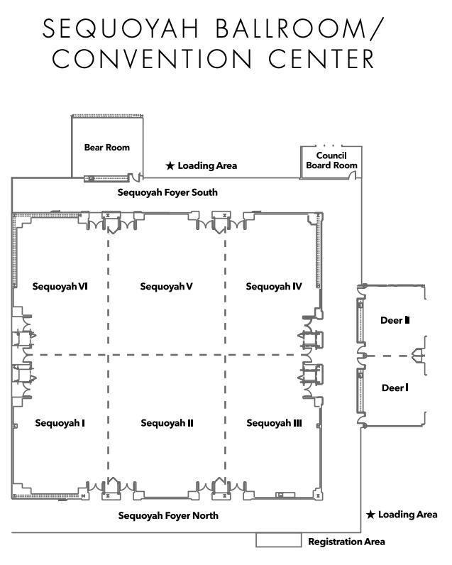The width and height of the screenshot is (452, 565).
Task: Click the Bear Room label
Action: [x=107, y=148]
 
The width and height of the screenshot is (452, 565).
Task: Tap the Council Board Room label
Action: [x=331, y=160]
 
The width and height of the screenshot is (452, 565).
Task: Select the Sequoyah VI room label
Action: [x=60, y=287]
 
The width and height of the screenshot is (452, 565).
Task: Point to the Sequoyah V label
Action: [x=167, y=287]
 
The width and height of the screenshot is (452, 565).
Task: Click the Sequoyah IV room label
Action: [x=274, y=287]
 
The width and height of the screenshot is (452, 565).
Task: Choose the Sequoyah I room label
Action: [x=60, y=423]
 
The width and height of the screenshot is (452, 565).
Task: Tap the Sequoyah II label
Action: [x=167, y=423]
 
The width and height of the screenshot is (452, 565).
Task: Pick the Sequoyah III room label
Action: [x=274, y=423]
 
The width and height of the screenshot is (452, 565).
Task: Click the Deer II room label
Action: [x=395, y=320]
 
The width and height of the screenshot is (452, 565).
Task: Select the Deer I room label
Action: [x=395, y=388]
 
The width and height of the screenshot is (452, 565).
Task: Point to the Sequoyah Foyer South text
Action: [x=167, y=192]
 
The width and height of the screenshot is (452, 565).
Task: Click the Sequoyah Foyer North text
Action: [x=168, y=515]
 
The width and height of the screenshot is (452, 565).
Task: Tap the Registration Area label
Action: [x=346, y=542]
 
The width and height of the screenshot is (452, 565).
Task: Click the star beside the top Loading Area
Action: [x=170, y=166]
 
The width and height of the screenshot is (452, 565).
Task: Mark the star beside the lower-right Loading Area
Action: [x=370, y=515]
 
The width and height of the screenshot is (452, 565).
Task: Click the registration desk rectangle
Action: [x=278, y=541]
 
